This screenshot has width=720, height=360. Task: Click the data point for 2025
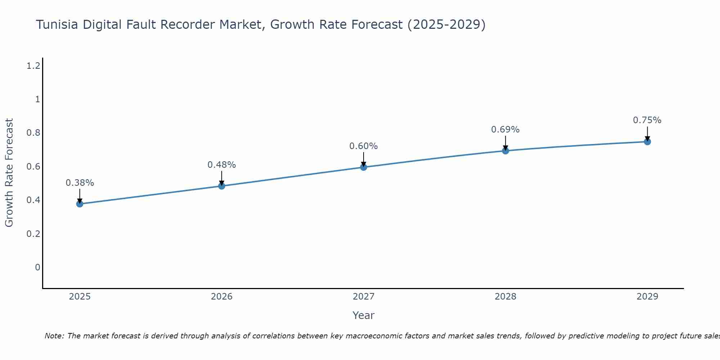80,204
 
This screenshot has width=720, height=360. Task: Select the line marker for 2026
222,186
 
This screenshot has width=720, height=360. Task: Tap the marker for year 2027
364,167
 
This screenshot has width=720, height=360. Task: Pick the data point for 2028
505,151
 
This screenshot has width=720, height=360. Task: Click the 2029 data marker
647,141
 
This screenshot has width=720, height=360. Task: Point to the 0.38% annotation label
80,183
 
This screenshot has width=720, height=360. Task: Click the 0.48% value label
222,165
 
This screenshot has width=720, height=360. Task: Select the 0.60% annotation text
364,146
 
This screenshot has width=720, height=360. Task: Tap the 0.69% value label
505,130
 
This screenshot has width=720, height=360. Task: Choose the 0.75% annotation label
647,120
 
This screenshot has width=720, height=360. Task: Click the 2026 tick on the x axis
222,297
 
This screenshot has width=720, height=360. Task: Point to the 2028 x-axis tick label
505,297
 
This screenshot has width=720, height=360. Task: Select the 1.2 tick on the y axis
33,66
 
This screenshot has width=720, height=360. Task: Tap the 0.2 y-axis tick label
33,234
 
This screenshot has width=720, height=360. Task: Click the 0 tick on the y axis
37,267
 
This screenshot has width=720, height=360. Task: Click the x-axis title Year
364,315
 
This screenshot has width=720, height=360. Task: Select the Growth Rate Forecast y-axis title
9,173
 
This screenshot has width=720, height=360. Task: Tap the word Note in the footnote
54,336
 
